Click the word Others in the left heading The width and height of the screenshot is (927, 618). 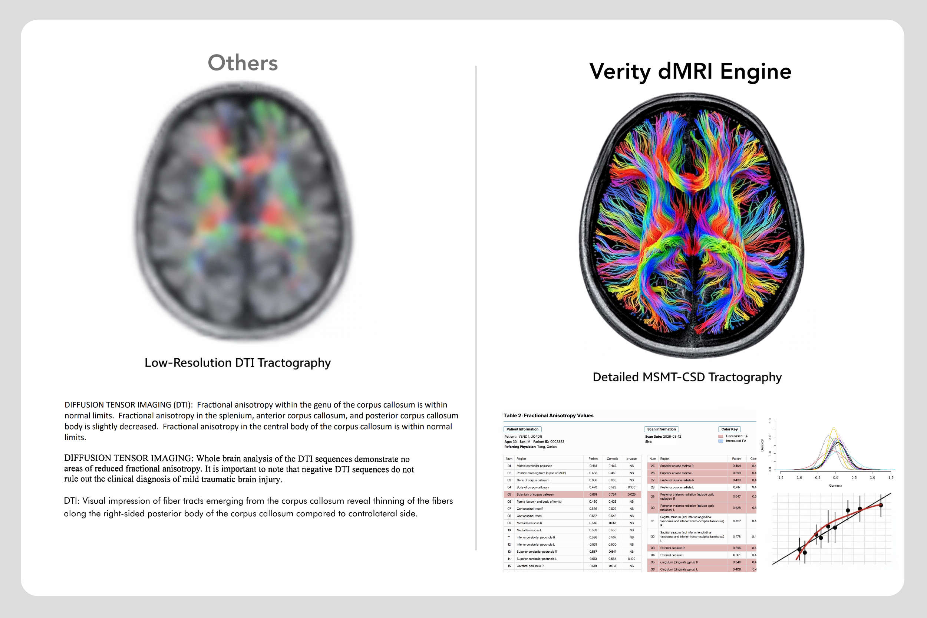243,63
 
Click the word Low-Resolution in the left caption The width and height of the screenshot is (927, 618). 188,363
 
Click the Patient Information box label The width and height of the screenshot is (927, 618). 522,429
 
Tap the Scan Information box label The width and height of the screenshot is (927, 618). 661,429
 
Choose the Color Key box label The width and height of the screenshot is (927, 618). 729,429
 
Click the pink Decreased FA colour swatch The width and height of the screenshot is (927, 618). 720,436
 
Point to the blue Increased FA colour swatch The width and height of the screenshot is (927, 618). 720,441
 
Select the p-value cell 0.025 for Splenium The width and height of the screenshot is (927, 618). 631,494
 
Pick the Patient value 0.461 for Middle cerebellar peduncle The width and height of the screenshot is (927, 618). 593,466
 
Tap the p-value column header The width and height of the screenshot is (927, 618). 631,459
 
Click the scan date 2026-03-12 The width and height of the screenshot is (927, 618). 672,437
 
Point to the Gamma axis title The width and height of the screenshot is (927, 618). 835,486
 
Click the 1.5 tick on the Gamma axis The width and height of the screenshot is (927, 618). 891,478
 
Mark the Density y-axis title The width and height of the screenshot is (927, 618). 762,446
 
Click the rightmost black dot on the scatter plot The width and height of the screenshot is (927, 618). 881,505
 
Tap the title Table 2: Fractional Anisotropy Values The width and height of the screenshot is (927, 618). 548,415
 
